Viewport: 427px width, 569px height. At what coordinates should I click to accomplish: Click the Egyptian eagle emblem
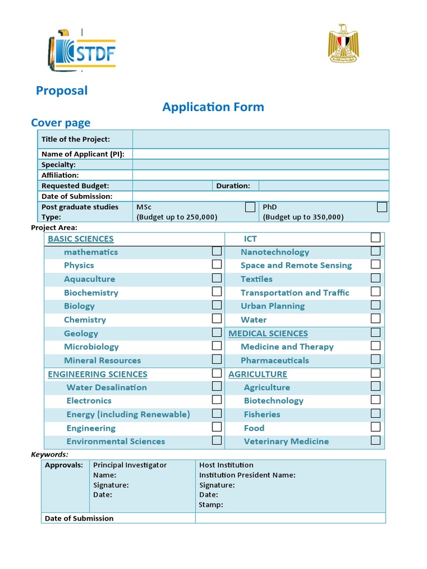pyautogui.click(x=343, y=44)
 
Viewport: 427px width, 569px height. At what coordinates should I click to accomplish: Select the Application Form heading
pyautogui.click(x=213, y=107)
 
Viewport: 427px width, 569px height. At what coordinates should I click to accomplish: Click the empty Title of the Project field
pyautogui.click(x=260, y=139)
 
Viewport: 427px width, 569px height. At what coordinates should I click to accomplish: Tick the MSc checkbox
pyautogui.click(x=250, y=207)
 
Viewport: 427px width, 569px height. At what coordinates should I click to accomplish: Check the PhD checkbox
pyautogui.click(x=382, y=207)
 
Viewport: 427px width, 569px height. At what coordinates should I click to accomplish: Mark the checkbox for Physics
pyautogui.click(x=217, y=264)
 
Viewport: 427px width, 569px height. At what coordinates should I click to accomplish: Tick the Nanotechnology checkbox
pyautogui.click(x=376, y=251)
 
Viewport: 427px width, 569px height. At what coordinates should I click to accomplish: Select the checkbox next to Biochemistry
pyautogui.click(x=217, y=292)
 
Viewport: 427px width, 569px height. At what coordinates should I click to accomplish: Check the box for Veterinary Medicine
pyautogui.click(x=376, y=441)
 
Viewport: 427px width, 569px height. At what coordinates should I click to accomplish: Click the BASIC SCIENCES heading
pyautogui.click(x=81, y=239)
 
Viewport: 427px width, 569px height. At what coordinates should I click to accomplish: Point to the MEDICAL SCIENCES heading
pyautogui.click(x=268, y=333)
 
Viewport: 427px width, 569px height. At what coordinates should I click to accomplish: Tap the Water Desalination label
pyautogui.click(x=107, y=387)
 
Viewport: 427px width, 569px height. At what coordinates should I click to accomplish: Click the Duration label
pyautogui.click(x=233, y=186)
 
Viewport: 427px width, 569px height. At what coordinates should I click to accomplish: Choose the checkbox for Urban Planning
pyautogui.click(x=376, y=305)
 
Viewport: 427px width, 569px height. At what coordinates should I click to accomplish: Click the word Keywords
pyautogui.click(x=49, y=455)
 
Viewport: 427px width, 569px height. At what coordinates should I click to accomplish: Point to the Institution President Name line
pyautogui.click(x=247, y=475)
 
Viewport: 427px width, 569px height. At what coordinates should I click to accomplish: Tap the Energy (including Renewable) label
pyautogui.click(x=128, y=415)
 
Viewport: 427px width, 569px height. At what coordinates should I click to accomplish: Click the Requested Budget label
pyautogui.click(x=75, y=186)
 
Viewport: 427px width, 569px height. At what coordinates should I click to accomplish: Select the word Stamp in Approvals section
pyautogui.click(x=211, y=505)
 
